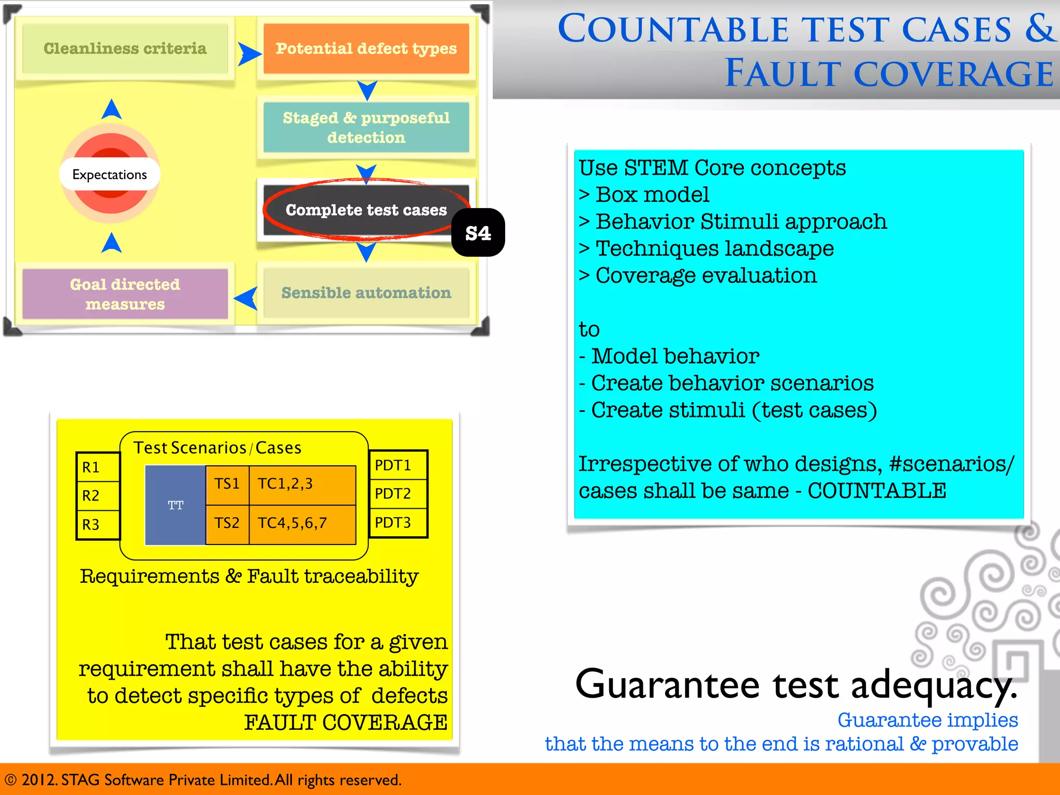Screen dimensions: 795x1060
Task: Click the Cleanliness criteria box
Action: pos(125,49)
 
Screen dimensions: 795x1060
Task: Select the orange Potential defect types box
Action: pos(366,49)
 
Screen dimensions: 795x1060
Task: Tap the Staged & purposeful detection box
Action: pos(366,127)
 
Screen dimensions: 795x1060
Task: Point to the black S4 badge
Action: pos(478,233)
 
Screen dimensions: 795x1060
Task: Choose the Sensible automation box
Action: pos(366,293)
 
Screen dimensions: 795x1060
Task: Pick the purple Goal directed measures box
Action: pos(125,294)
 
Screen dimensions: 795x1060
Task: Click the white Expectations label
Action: pos(109,174)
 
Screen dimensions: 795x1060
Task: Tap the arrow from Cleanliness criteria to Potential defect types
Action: pos(249,54)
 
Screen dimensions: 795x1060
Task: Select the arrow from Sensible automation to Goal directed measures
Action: pos(246,298)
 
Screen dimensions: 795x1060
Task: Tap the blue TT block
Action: pos(175,505)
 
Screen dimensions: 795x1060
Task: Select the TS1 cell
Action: pos(227,484)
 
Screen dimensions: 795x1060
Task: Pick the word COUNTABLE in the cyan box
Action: pos(877,491)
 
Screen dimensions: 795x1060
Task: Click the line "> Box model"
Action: pos(644,195)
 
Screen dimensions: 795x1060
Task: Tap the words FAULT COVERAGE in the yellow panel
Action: pos(346,723)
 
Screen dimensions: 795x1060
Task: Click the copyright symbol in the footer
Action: pos(10,780)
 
